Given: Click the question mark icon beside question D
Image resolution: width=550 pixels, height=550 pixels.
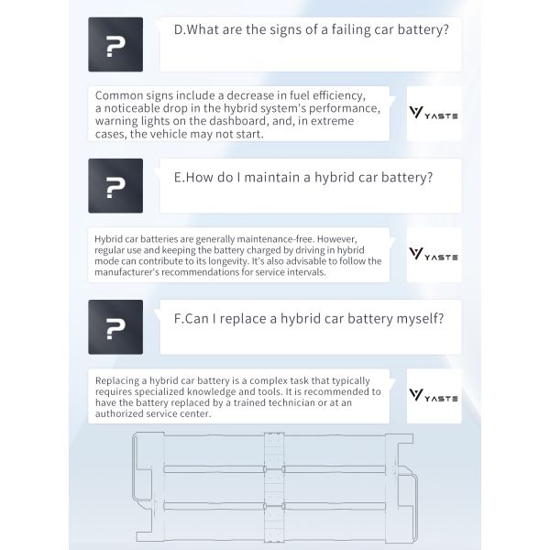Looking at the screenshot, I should [115, 45].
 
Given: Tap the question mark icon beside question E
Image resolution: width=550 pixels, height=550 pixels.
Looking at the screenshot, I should [115, 186].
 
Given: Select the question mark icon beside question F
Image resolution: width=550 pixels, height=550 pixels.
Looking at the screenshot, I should [115, 327].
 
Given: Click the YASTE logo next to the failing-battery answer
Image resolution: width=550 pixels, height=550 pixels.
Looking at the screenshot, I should [434, 114].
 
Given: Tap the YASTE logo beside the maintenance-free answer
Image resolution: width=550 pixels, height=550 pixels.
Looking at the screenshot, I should [434, 255].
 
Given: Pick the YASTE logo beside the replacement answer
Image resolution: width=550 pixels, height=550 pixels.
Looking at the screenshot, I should [434, 396].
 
